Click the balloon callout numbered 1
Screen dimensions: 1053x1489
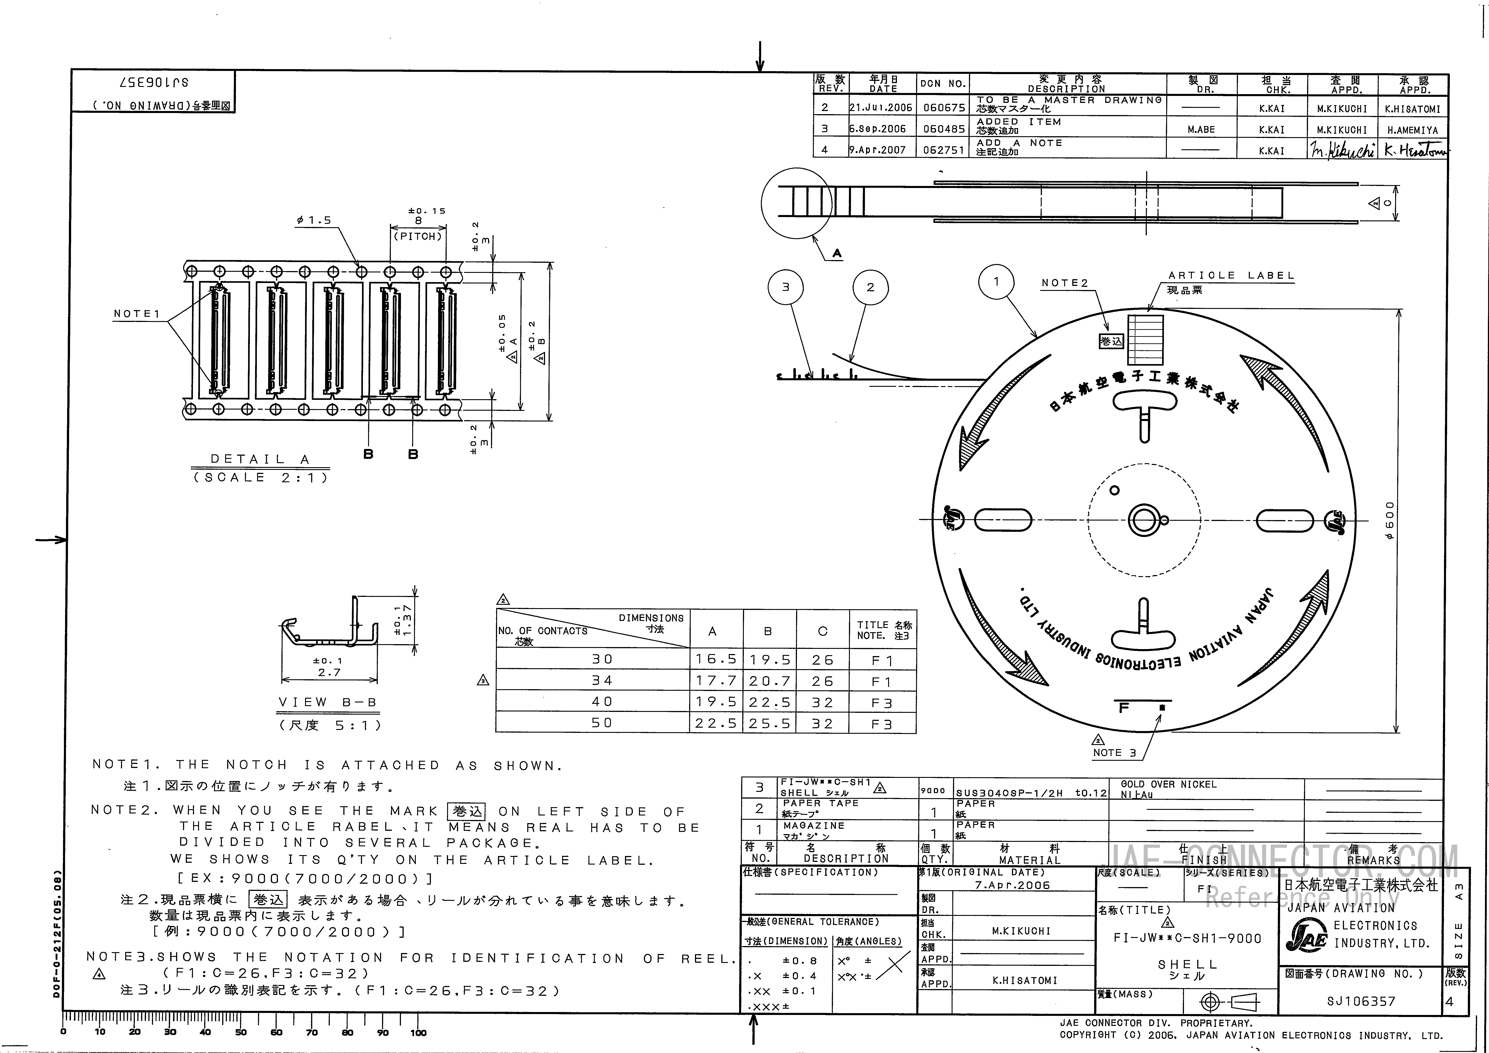tap(996, 281)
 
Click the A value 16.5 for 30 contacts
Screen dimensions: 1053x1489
tap(716, 659)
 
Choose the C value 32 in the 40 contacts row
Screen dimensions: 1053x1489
tap(822, 702)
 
